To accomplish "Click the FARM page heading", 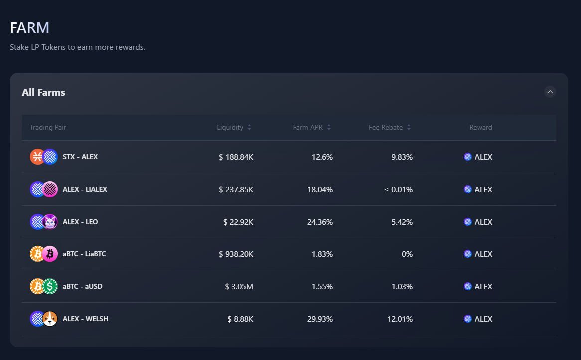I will (x=29, y=28).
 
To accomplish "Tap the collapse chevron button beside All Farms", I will (x=550, y=92).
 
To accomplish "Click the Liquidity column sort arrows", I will (x=249, y=127).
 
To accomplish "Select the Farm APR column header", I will (x=308, y=127).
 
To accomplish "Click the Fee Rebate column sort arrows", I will (x=409, y=127).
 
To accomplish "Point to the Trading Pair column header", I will (x=48, y=127).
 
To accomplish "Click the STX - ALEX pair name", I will (x=80, y=157).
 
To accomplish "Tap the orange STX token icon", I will (x=37, y=157).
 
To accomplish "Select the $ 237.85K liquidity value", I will (x=236, y=189).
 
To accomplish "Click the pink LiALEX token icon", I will (x=50, y=189).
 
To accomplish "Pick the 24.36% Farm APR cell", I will (x=320, y=222).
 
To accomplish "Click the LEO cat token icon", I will (x=50, y=222).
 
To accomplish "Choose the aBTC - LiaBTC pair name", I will (x=84, y=254).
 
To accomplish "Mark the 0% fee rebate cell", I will (x=407, y=254).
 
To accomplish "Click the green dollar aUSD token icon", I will (x=50, y=286).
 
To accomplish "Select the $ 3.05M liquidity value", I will (x=239, y=286).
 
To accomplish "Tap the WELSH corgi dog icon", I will (x=50, y=319).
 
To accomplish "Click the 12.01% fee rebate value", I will (x=400, y=319).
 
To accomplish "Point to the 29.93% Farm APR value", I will (x=320, y=319).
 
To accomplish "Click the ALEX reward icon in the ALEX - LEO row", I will (x=467, y=222).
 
